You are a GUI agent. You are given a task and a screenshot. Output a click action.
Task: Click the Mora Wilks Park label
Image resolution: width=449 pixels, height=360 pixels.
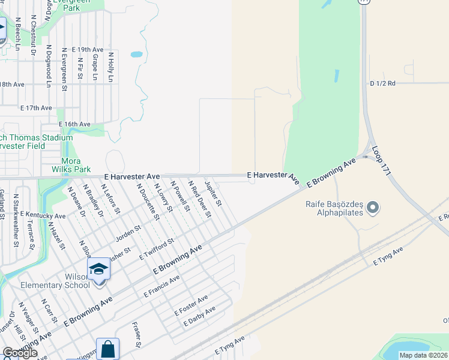coord(76,165)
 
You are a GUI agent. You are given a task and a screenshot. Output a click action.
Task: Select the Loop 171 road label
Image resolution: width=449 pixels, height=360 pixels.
coord(381,160)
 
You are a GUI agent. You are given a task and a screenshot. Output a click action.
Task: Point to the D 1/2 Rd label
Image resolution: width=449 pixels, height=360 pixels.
coord(382,83)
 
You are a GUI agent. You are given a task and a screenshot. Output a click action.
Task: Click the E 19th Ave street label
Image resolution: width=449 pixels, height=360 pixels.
coord(87,49)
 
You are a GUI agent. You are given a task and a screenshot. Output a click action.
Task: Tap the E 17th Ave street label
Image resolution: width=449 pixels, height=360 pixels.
coord(36,108)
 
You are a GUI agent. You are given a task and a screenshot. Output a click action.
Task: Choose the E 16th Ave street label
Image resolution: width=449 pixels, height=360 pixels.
coord(74,124)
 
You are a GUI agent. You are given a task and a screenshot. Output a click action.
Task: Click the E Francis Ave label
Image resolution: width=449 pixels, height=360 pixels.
coord(161,287)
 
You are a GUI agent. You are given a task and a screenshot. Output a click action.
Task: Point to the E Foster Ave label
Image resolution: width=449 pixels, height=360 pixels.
coord(191,305)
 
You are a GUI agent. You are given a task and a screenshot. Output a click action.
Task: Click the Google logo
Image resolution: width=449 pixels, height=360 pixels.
coord(20,353)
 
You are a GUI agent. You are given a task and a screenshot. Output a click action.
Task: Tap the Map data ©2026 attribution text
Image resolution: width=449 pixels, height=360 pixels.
coord(423,355)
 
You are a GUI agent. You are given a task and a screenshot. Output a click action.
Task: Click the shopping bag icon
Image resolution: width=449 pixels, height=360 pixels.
coord(107,349)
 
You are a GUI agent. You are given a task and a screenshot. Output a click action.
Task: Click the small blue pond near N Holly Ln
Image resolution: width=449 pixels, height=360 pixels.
coord(136,54)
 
